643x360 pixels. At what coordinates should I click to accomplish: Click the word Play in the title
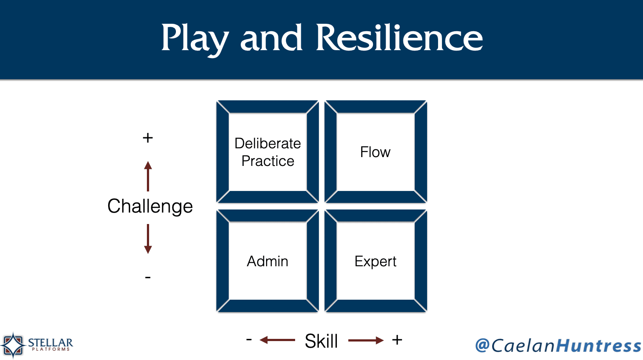tap(195, 39)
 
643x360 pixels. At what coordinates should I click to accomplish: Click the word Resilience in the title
tap(399, 37)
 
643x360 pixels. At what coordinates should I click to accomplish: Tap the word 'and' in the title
tap(271, 38)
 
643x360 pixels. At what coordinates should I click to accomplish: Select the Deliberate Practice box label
tap(267, 152)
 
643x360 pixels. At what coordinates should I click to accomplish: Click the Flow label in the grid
tap(375, 152)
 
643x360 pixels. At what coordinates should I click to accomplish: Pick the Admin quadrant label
tap(267, 261)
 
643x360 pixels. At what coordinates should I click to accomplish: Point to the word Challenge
tap(150, 206)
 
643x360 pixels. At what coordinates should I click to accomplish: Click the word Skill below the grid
tap(321, 341)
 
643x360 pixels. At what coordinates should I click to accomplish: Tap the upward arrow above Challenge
tap(148, 176)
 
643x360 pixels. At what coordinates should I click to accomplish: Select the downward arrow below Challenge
tap(148, 239)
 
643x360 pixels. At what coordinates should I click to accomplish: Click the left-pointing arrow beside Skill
tap(277, 340)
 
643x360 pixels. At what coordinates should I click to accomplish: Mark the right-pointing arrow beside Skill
tap(366, 341)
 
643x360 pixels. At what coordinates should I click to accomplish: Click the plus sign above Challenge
tap(148, 138)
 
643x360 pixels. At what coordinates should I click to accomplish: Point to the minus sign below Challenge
tap(148, 277)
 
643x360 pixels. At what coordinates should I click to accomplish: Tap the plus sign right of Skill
tap(397, 340)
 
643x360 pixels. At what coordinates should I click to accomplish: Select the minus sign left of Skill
tap(249, 339)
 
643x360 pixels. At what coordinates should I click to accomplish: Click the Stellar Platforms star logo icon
tap(13, 345)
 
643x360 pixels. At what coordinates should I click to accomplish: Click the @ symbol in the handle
tap(482, 345)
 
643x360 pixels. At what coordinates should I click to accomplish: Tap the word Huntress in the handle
tap(599, 345)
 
